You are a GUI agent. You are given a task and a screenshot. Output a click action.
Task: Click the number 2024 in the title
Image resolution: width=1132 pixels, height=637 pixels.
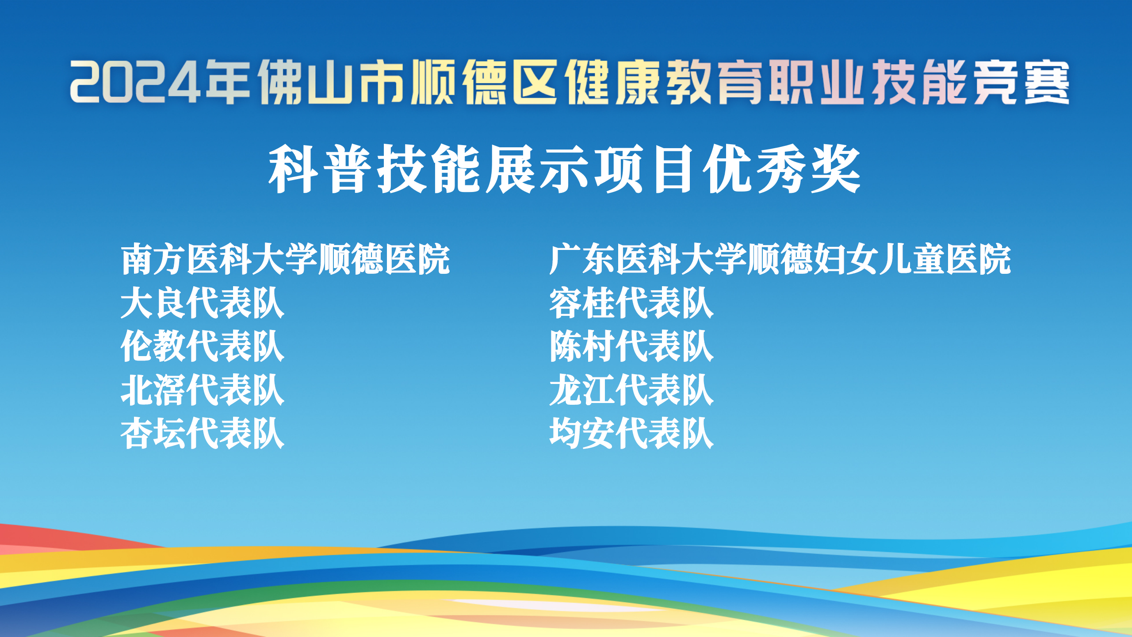point(135,83)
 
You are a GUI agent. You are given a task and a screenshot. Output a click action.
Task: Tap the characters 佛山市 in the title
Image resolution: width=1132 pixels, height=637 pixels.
point(331,83)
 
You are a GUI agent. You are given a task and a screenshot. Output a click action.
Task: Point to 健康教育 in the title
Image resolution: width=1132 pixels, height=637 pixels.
point(664,83)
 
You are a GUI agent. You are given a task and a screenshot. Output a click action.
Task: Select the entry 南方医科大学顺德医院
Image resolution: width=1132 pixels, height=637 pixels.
point(286,259)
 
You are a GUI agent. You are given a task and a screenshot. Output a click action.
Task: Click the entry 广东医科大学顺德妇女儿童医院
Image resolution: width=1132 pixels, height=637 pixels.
point(780,259)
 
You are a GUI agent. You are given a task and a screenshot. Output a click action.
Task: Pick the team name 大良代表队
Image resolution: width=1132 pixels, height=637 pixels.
point(203,303)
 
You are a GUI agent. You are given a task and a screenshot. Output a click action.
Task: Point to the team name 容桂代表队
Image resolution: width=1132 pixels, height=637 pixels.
point(631,303)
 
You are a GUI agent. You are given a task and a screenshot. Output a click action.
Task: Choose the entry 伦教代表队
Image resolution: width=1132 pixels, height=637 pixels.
point(203,346)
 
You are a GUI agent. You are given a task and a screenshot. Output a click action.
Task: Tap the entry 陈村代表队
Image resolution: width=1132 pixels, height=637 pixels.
point(631,346)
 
